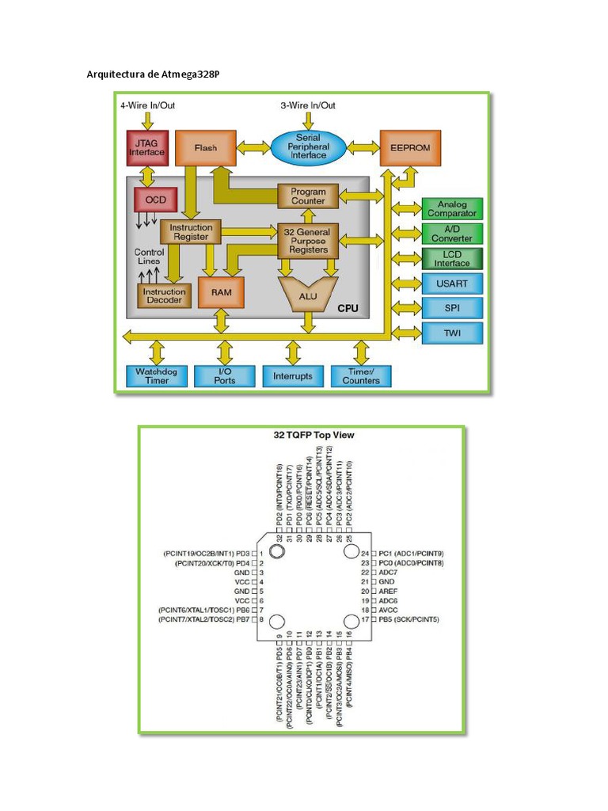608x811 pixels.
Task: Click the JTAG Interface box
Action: click(x=146, y=147)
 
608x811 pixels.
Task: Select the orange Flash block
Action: click(x=206, y=148)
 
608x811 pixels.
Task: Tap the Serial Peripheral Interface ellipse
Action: click(x=308, y=147)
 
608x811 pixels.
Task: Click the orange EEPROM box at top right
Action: click(x=410, y=148)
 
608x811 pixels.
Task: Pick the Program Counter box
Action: click(x=308, y=196)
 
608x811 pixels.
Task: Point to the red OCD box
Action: click(x=156, y=200)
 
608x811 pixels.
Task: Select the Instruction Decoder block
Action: click(x=164, y=295)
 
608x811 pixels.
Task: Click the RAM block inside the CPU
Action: click(x=222, y=292)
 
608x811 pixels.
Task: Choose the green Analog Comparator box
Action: click(x=452, y=208)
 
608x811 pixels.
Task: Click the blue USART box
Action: click(x=452, y=283)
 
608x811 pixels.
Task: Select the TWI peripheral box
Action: click(x=452, y=333)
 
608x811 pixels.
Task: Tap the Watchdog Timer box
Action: click(x=158, y=375)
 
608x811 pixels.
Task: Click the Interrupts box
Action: click(x=293, y=376)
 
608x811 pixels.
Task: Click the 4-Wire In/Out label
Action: click(x=147, y=105)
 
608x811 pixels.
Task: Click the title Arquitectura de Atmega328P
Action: click(x=153, y=75)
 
